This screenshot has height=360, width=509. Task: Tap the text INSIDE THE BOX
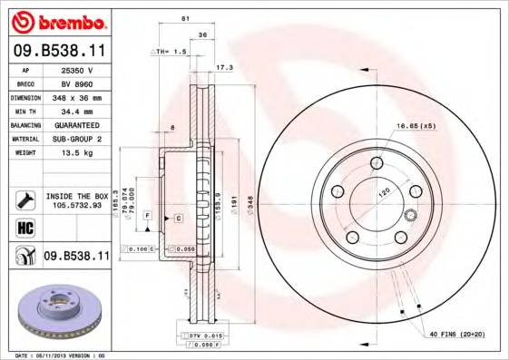pos(76,195)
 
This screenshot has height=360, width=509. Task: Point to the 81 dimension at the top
pos(185,19)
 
